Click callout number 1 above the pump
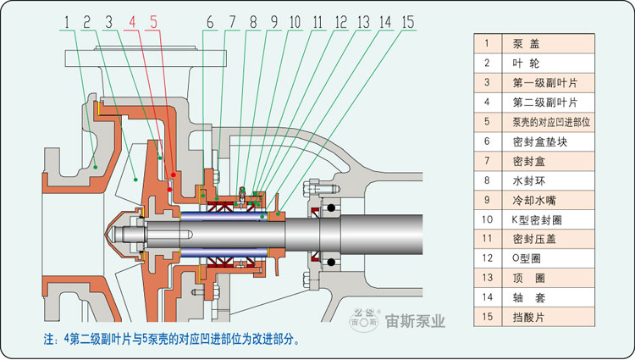point(64,22)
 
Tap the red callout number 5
point(153,22)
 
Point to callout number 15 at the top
point(407,22)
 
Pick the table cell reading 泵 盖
point(551,42)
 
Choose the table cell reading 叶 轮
point(551,63)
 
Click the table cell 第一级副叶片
point(551,82)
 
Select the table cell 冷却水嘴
point(551,200)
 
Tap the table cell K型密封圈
point(551,219)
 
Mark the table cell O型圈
point(551,258)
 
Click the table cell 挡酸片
point(551,317)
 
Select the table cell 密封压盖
point(551,239)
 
